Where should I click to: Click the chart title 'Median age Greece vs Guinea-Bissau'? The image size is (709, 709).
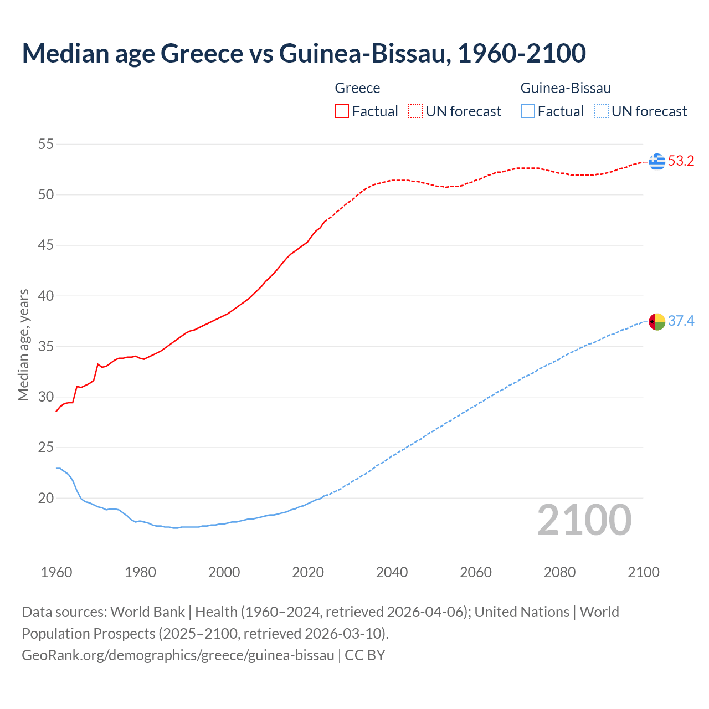click(x=304, y=53)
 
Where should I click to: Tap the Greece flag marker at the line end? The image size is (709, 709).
click(x=657, y=161)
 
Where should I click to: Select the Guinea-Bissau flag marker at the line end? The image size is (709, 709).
click(x=657, y=321)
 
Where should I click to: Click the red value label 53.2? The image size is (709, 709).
click(x=681, y=161)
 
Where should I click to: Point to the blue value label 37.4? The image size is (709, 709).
click(x=681, y=321)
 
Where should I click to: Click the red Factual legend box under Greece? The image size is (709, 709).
click(x=342, y=111)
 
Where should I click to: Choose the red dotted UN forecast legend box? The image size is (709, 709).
click(x=415, y=111)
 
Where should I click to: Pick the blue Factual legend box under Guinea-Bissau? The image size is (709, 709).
click(x=528, y=111)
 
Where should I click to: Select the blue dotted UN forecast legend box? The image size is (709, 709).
click(x=602, y=111)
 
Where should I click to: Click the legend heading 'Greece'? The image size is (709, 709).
click(x=357, y=88)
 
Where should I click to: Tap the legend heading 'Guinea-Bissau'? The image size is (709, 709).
click(x=566, y=88)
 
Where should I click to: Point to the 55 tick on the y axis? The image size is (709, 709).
click(x=45, y=145)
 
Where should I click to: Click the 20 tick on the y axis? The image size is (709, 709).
click(x=45, y=498)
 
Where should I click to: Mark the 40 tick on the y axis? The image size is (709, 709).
click(x=45, y=296)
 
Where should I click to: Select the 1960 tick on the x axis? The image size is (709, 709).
click(x=56, y=572)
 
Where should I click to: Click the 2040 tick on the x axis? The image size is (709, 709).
click(x=392, y=572)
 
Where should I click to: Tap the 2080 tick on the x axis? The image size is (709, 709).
click(x=559, y=572)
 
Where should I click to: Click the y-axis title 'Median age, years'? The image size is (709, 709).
click(x=23, y=345)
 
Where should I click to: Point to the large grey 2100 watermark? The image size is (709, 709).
click(x=584, y=520)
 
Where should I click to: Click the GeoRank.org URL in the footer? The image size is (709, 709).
click(x=178, y=655)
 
